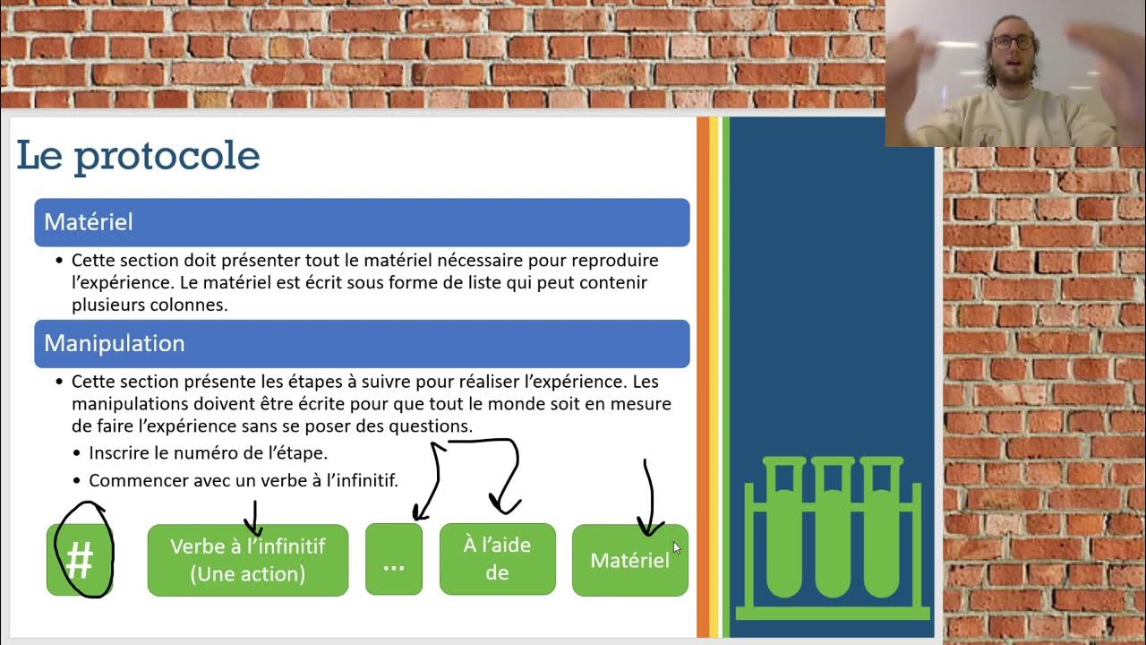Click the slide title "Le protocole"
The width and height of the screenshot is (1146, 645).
pos(138,156)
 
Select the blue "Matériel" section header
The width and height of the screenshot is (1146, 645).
pos(362,222)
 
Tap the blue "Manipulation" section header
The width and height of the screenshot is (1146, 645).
pos(362,344)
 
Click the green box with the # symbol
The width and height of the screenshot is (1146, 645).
pos(80,561)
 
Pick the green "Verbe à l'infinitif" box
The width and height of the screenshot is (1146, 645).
pos(247,560)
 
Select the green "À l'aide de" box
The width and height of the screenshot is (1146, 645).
pos(497,559)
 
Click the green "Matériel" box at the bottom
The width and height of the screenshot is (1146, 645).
pos(629,561)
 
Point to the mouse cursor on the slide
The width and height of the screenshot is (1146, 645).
pos(676,546)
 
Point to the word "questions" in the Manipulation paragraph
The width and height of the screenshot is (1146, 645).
pos(430,426)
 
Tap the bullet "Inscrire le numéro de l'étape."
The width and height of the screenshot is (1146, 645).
pos(208,453)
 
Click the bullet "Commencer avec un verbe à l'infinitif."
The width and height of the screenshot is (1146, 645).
pos(243,481)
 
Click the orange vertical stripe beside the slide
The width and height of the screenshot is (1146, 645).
pos(703,376)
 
